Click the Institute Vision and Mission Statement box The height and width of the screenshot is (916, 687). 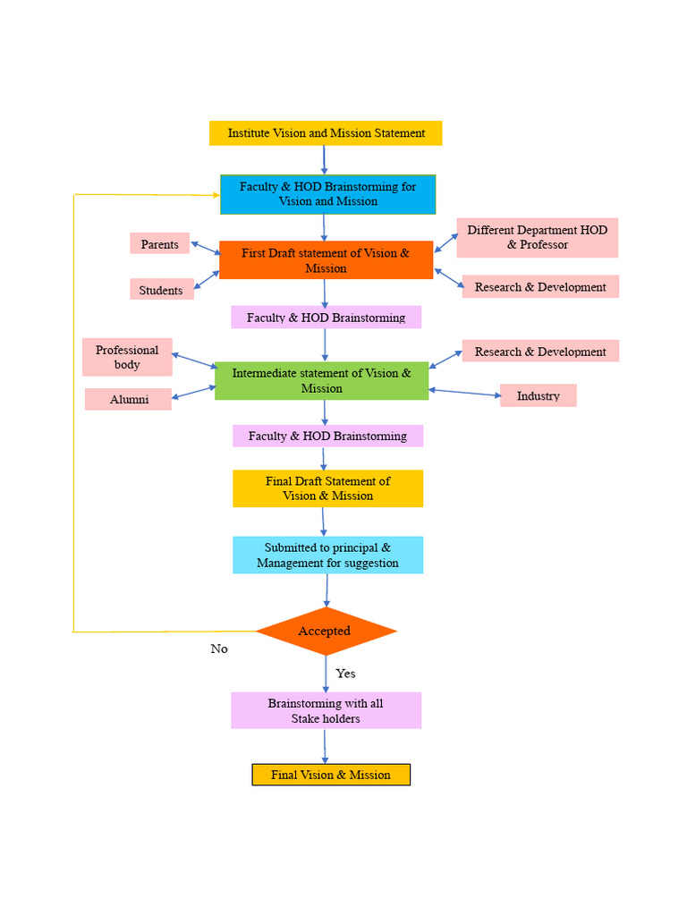pyautogui.click(x=326, y=133)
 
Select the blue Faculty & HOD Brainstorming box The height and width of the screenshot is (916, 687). pyautogui.click(x=327, y=194)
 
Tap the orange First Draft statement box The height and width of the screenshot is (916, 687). pyautogui.click(x=326, y=260)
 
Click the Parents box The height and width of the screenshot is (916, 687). pyautogui.click(x=159, y=244)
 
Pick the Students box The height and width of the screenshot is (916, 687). pyautogui.click(x=161, y=290)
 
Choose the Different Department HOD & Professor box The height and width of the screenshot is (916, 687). pyautogui.click(x=537, y=238)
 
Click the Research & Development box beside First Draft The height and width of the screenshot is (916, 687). pyautogui.click(x=540, y=287)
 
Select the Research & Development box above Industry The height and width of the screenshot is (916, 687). pyautogui.click(x=540, y=352)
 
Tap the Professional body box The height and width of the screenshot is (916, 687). pyautogui.click(x=127, y=357)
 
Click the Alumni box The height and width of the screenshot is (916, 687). pyautogui.click(x=129, y=399)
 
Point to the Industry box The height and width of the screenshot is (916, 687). pyautogui.click(x=538, y=395)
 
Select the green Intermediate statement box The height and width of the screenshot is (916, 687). pyautogui.click(x=321, y=380)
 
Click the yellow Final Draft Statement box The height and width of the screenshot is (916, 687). pyautogui.click(x=327, y=488)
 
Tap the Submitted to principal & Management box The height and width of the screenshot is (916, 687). pyautogui.click(x=327, y=556)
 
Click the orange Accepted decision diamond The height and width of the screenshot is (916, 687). pyautogui.click(x=326, y=632)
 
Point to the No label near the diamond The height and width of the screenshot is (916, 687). pyautogui.click(x=219, y=649)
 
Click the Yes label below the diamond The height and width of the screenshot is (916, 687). pyautogui.click(x=345, y=674)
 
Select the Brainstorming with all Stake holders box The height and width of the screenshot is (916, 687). pyautogui.click(x=326, y=710)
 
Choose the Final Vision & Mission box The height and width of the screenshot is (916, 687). pyautogui.click(x=331, y=775)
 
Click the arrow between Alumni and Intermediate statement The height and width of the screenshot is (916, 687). pyautogui.click(x=193, y=391)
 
